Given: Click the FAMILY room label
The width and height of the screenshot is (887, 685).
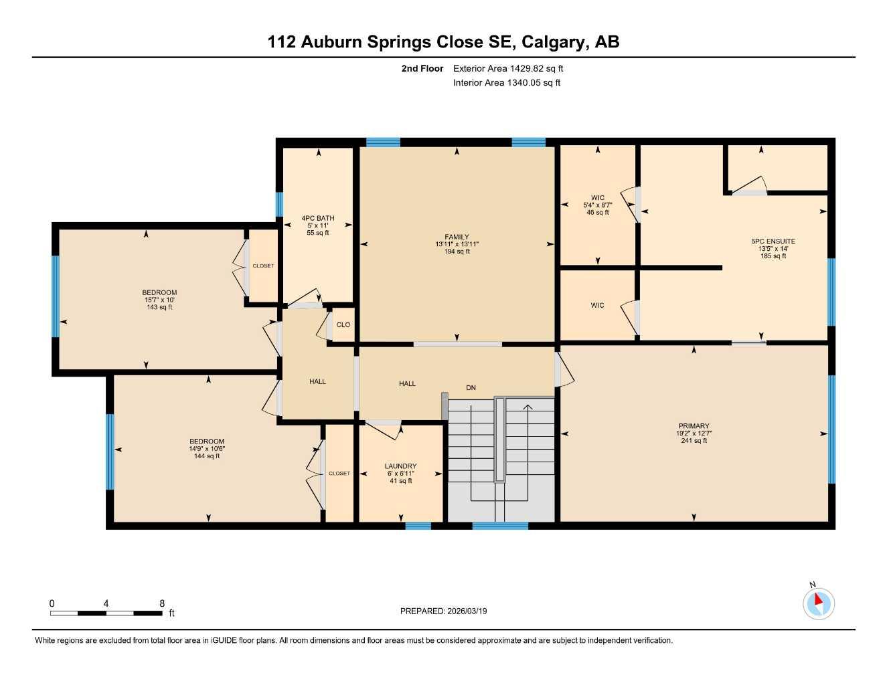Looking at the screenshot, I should point(457,237).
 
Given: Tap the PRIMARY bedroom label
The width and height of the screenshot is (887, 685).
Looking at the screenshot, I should point(694,426).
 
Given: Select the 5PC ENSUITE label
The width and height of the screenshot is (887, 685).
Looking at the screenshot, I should point(773,241).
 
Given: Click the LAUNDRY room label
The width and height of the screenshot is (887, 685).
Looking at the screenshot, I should point(400,466).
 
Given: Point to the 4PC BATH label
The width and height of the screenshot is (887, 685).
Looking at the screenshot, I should point(318,218).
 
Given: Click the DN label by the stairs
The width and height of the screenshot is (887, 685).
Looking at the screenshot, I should point(471,387).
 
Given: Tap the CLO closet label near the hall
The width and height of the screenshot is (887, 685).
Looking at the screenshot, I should point(343,324).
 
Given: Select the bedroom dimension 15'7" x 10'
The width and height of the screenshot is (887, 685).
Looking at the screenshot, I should point(159,300).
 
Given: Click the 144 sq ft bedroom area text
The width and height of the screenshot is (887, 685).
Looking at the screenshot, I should point(207,456).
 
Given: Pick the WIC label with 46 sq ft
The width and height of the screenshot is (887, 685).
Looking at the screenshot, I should point(597,198).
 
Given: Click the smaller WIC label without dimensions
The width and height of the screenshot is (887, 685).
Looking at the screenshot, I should point(597,305).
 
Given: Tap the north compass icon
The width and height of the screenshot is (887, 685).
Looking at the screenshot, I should point(818,603).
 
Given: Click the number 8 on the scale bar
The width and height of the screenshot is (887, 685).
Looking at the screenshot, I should point(162,603).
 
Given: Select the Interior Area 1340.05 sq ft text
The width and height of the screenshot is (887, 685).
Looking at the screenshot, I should point(507,83).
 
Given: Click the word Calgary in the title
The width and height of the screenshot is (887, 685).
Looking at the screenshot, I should point(553,42).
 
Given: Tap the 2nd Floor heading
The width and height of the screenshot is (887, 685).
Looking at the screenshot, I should point(422,68).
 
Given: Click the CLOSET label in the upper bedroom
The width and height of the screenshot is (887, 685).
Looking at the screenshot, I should point(263,266).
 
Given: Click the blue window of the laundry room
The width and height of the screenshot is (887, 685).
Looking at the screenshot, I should point(418,526).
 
